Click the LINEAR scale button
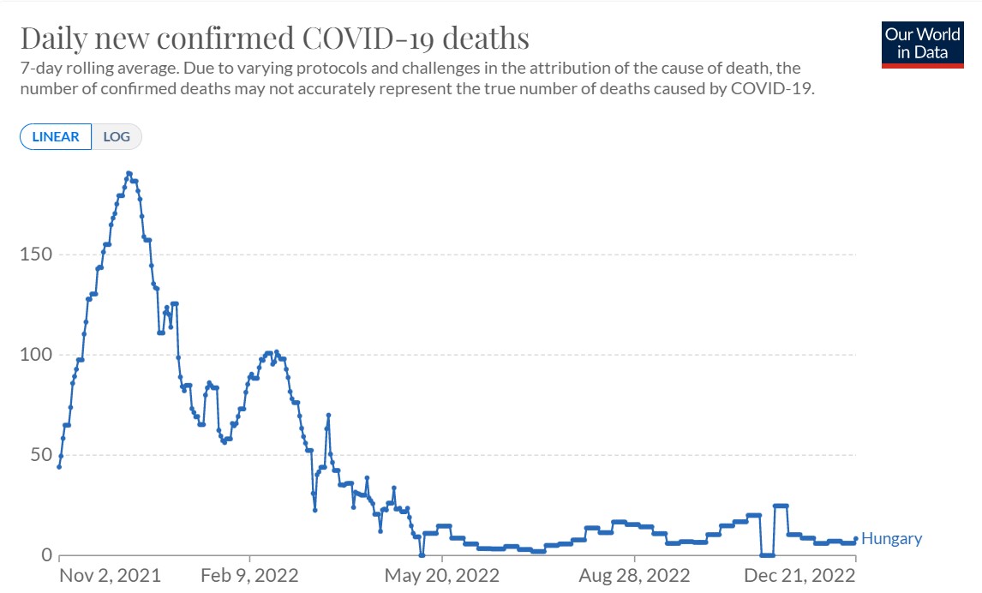(56, 136)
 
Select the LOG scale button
(116, 136)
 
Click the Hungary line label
(891, 539)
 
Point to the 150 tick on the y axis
(34, 255)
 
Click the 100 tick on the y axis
(34, 355)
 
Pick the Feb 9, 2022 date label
(249, 574)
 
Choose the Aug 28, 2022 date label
(635, 574)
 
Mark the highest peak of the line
(129, 173)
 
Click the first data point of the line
(59, 466)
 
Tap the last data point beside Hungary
(855, 538)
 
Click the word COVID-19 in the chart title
(378, 39)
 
